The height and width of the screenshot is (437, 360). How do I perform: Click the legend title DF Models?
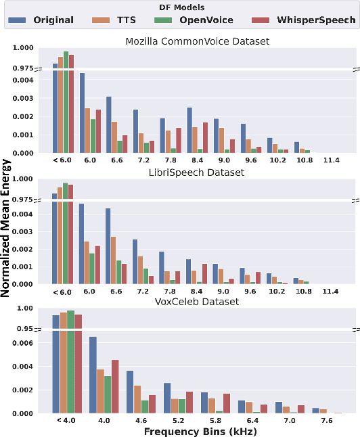(x=179, y=7)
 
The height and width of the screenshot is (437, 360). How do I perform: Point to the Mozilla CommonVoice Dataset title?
(x=198, y=41)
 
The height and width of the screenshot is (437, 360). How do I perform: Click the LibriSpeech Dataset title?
(x=198, y=172)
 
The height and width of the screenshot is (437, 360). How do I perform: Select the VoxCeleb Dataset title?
(x=198, y=302)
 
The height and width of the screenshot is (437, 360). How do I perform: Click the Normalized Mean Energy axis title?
(x=6, y=229)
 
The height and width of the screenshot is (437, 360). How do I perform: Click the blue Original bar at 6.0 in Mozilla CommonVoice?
(x=82, y=112)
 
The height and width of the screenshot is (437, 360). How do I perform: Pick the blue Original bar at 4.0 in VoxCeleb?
(x=93, y=375)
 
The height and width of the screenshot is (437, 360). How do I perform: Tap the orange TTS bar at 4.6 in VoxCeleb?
(x=137, y=399)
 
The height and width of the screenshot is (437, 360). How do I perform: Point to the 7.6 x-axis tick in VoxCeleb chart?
(x=327, y=420)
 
